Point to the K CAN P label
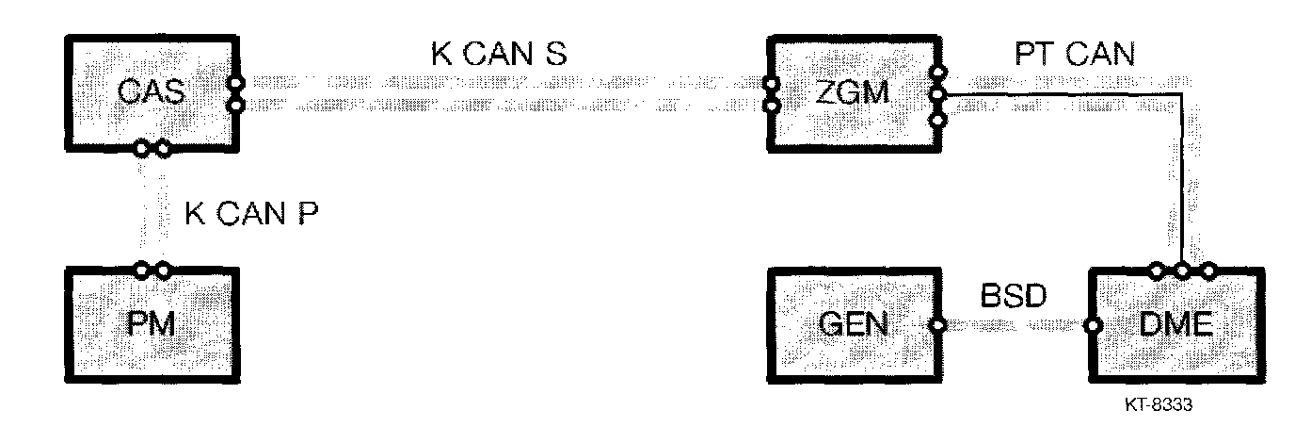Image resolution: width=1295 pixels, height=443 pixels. click(x=252, y=215)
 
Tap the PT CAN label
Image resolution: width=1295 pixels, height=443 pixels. click(x=1075, y=55)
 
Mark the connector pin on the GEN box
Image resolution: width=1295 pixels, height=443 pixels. click(x=937, y=327)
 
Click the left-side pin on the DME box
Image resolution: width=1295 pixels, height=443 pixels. click(x=1092, y=327)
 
